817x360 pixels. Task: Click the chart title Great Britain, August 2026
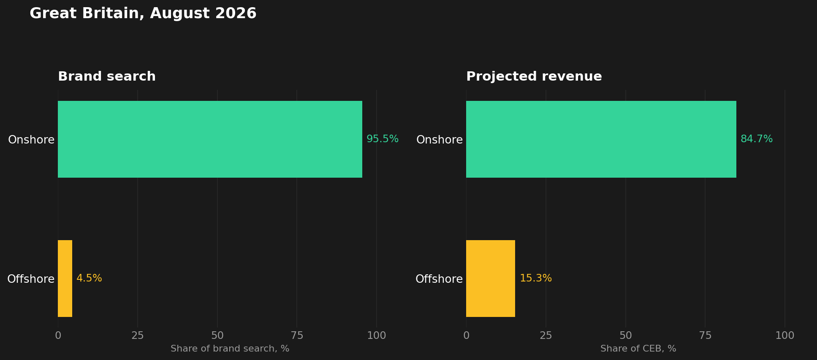tap(143, 14)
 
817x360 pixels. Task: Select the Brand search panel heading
tap(107, 76)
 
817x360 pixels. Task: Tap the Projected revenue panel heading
tap(534, 76)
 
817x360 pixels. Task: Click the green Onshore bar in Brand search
tap(210, 139)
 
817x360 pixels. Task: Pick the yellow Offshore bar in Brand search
tap(65, 279)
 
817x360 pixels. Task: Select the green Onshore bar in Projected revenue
tap(601, 139)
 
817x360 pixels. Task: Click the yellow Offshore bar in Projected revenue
tap(491, 279)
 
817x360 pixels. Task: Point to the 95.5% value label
tap(383, 139)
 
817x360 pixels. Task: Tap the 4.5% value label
tap(89, 279)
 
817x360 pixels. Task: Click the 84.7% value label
tap(757, 139)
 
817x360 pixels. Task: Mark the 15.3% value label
tap(536, 279)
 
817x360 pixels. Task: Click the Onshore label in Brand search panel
tap(31, 140)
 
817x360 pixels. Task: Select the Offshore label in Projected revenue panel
tap(439, 279)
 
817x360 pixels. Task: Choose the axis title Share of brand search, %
tap(230, 349)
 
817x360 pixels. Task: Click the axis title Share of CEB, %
tap(638, 349)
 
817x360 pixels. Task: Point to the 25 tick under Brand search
tap(138, 336)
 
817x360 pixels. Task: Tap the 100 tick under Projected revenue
tap(785, 336)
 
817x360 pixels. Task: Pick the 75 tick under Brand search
tap(297, 336)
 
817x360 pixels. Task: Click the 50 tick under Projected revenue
tap(626, 336)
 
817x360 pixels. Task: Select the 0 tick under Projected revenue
tap(466, 336)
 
